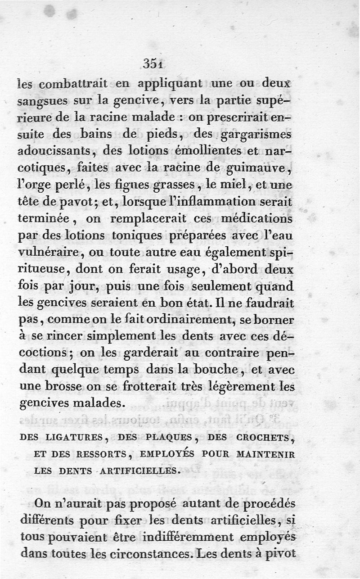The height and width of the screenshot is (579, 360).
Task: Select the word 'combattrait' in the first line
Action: point(73,85)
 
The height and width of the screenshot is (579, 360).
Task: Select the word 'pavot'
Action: point(79,202)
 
